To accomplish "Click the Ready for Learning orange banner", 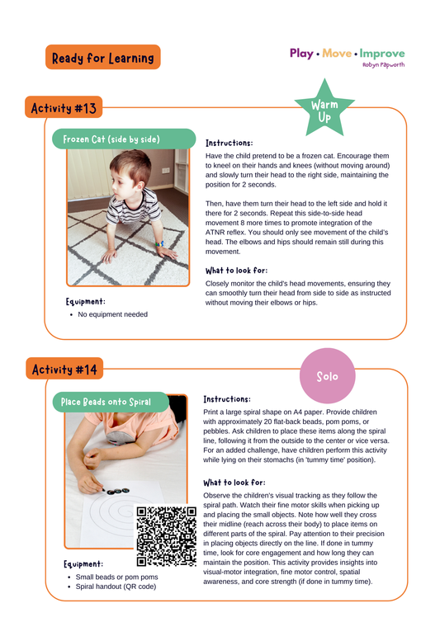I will (103, 58).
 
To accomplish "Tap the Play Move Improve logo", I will (347, 53).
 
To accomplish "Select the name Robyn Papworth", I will (383, 64).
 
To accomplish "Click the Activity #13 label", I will (64, 108).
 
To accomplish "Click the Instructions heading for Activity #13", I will (229, 143).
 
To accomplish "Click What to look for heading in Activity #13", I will (236, 270).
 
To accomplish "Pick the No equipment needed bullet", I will (112, 314).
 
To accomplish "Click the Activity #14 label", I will (64, 369).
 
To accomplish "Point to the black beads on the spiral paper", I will (117, 488).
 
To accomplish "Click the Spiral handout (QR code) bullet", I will (117, 587).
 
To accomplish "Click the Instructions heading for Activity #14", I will (228, 398).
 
